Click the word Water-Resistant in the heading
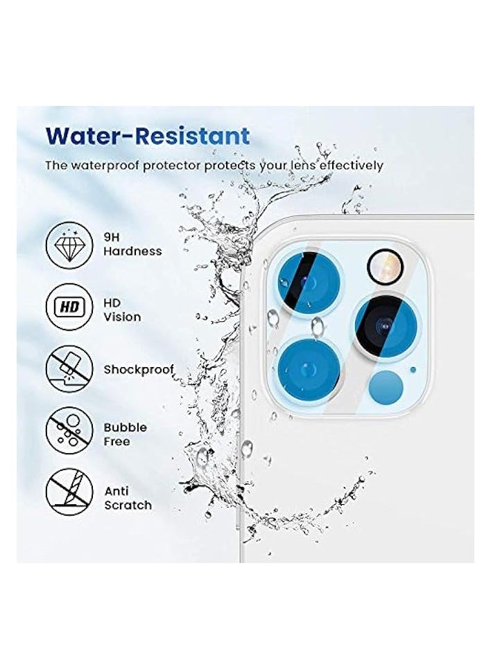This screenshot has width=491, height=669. (x=147, y=135)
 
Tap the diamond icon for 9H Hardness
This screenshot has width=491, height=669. (x=69, y=244)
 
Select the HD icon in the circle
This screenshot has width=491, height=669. (x=69, y=310)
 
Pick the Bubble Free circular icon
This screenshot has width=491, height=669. (x=69, y=430)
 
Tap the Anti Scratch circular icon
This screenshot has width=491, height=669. (x=69, y=491)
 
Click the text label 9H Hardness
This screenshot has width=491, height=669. (x=132, y=244)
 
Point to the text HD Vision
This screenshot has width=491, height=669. (x=122, y=310)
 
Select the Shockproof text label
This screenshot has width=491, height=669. (x=139, y=369)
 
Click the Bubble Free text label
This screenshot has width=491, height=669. (x=125, y=434)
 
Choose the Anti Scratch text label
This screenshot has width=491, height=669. (x=128, y=498)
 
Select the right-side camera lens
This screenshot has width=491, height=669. (x=387, y=324)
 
